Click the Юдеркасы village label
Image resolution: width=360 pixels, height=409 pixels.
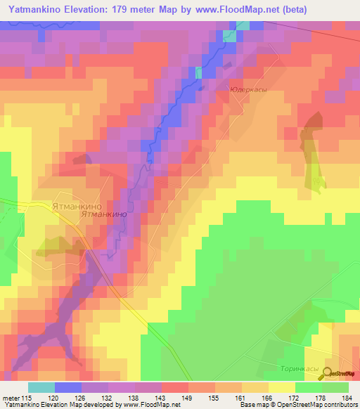(247, 90)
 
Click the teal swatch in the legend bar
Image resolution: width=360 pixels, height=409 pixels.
(41, 387)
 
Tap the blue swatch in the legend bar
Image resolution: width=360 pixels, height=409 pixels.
(68, 387)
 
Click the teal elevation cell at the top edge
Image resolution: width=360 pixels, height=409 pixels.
(242, 26)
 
